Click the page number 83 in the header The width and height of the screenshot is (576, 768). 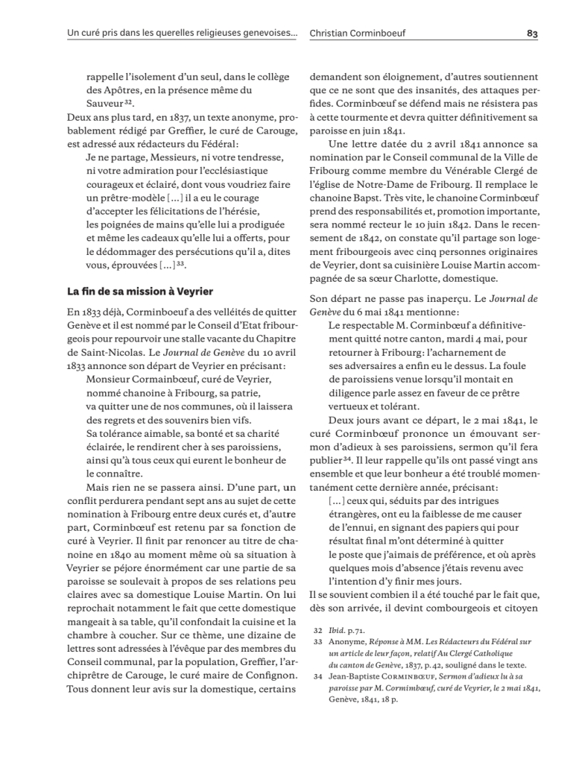click(532, 34)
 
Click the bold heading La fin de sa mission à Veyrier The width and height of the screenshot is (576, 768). click(136, 292)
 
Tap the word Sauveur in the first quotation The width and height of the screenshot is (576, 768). click(104, 103)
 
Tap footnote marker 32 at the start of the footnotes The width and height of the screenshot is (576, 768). click(317, 629)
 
